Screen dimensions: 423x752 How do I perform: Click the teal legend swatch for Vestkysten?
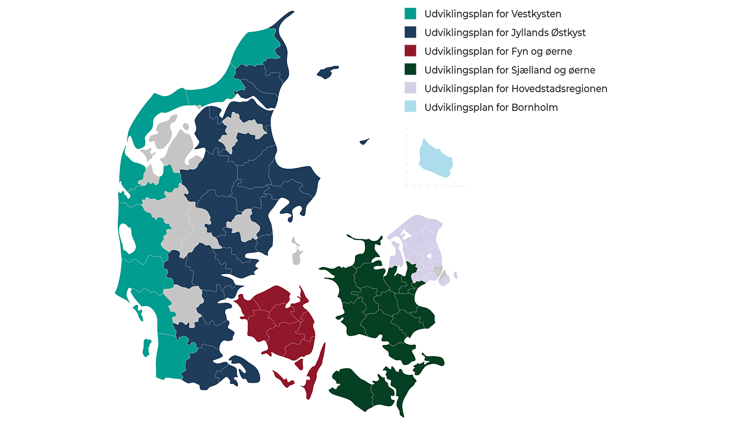(x=410, y=14)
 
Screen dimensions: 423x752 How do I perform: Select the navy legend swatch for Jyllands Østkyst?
(x=410, y=32)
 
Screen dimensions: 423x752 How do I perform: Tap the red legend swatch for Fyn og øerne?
(x=410, y=51)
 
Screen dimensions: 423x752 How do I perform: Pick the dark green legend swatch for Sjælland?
(x=410, y=70)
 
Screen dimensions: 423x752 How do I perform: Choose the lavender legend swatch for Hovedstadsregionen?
(x=410, y=88)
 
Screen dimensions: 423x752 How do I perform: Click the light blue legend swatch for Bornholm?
(x=410, y=107)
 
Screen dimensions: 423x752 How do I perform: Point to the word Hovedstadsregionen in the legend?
(x=559, y=89)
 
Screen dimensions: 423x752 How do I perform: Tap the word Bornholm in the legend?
(x=534, y=108)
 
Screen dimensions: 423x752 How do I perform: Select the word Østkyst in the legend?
(x=568, y=33)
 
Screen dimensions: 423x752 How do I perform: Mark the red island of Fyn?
(x=277, y=320)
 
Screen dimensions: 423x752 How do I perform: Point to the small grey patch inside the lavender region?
(x=437, y=272)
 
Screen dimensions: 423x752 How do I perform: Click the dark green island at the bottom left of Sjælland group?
(x=352, y=388)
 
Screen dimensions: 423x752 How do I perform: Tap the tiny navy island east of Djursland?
(x=364, y=141)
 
